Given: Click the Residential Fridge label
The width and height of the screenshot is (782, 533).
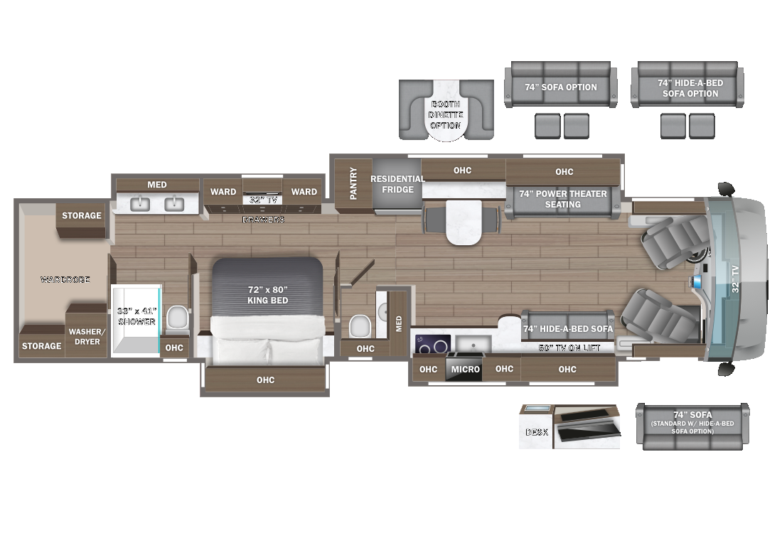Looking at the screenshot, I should pos(397,184).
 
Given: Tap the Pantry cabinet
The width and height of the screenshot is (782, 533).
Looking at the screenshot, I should pos(353,183).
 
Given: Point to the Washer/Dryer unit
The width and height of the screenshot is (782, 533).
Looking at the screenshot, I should pos(85,335).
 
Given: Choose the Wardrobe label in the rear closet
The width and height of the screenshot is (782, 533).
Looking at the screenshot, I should pos(65,280).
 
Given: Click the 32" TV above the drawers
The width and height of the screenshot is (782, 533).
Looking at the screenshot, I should pos(262,200).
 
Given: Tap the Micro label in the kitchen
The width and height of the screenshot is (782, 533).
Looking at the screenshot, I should pos(466,370).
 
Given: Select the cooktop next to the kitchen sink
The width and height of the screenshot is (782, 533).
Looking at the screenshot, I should pos(433,343).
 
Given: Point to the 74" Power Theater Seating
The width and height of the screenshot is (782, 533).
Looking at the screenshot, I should pos(562,199).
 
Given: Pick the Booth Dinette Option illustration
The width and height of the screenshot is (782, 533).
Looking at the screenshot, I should pos(446,109).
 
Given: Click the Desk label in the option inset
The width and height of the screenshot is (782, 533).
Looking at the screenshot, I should pos(536,431).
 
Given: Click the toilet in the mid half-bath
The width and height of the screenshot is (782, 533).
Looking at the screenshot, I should pos(360,327).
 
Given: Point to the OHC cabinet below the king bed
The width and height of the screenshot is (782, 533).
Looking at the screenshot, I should pos(265,379).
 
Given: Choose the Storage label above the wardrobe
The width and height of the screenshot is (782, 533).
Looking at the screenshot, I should pos(81,215).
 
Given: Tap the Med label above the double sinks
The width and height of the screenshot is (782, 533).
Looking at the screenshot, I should pos(157,185).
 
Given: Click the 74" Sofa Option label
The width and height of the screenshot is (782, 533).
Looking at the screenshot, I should pos(561,87).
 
